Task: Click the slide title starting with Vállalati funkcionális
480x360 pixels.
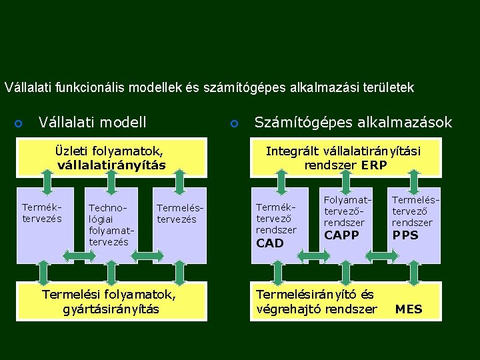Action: click(x=209, y=87)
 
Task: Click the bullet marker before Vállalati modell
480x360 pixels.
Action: click(x=19, y=123)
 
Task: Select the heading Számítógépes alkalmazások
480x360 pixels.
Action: click(x=353, y=122)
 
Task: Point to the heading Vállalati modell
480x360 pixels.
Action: click(x=93, y=122)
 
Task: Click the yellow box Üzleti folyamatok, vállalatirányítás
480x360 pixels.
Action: click(x=111, y=158)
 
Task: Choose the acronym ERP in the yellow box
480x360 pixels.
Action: click(x=373, y=165)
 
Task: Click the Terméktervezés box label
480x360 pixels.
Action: click(x=42, y=213)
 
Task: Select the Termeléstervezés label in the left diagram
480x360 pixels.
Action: click(x=177, y=213)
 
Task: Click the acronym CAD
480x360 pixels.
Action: click(x=270, y=243)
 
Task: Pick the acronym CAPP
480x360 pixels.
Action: click(x=341, y=235)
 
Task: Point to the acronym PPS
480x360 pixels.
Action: click(x=405, y=235)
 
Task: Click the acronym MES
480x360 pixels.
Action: click(x=409, y=309)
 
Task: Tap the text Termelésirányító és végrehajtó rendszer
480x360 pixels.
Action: click(x=316, y=301)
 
